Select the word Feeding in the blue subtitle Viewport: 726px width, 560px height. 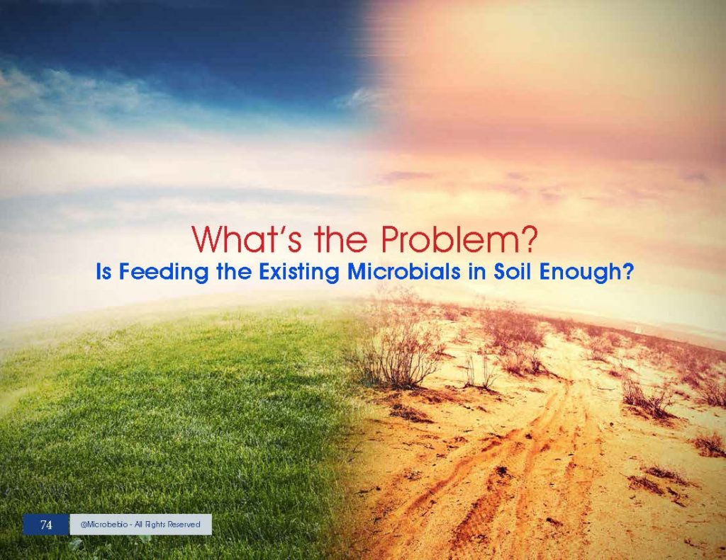click(164, 273)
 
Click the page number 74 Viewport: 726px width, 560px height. click(46, 525)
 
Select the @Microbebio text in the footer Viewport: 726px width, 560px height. click(104, 525)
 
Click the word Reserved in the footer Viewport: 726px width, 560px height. click(184, 525)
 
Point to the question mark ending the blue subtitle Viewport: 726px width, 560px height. click(627, 271)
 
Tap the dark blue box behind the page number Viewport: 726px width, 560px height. click(46, 525)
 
